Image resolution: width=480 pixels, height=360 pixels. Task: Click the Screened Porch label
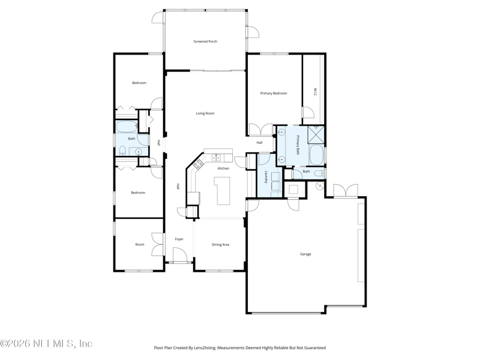(x=205, y=41)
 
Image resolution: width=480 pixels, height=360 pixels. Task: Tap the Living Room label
(x=205, y=113)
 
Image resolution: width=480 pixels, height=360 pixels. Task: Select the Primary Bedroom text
(x=274, y=94)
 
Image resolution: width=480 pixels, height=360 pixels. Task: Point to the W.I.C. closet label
(x=315, y=92)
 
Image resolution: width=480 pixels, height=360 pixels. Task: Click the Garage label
(x=305, y=254)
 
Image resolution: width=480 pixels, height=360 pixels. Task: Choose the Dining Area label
(x=220, y=245)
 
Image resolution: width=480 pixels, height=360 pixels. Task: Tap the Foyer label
(x=179, y=239)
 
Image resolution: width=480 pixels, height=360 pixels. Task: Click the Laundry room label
(x=266, y=177)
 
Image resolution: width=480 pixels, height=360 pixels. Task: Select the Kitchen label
(x=223, y=169)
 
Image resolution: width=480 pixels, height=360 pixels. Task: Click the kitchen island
(x=223, y=190)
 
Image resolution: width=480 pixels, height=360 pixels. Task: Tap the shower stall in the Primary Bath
(x=316, y=134)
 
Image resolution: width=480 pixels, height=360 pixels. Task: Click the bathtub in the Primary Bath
(x=316, y=155)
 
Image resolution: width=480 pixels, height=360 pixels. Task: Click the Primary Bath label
(x=297, y=145)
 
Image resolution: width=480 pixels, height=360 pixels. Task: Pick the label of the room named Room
(x=140, y=244)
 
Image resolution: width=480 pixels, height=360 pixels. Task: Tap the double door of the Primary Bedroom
(x=260, y=130)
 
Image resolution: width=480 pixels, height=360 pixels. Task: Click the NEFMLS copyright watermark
(x=46, y=343)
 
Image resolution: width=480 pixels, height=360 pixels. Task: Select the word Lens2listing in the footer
(x=206, y=348)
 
